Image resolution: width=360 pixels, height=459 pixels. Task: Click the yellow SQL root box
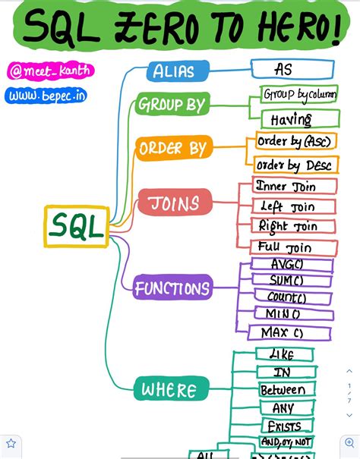pos(76,226)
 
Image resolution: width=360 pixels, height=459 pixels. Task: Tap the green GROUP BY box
pos(172,105)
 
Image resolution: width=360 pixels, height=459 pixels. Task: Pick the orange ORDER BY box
pos(173,148)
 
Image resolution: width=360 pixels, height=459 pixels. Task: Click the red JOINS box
pos(174,203)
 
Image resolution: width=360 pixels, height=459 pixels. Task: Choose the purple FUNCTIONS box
pos(172,288)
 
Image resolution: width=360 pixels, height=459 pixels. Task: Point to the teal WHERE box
pos(169,390)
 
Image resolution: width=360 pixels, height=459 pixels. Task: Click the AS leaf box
pos(292,70)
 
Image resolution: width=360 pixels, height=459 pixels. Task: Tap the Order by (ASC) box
pos(292,142)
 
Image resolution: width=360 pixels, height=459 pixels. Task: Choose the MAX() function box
pos(289,332)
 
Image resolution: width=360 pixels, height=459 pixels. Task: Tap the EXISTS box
pos(285,426)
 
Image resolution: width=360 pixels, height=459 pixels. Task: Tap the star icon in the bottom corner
pos(11,443)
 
